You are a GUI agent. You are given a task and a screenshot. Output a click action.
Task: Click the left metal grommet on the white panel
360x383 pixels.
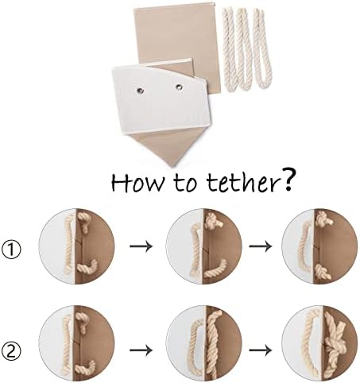tap(140, 91)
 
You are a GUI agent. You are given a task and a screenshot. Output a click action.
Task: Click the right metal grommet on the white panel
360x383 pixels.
tap(179, 87)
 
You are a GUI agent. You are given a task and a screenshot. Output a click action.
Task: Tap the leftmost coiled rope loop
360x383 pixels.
tap(230, 50)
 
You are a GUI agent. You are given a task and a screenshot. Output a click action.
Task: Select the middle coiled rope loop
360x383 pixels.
tap(245, 48)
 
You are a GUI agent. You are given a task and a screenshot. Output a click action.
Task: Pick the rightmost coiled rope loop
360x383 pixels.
tap(262, 48)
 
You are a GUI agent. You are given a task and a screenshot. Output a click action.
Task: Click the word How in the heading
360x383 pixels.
tap(137, 182)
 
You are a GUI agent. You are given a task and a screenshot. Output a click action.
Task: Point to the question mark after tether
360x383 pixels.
tap(285, 179)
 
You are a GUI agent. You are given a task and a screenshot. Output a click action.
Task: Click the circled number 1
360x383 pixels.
tap(11, 250)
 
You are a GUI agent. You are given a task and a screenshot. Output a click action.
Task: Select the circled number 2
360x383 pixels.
tap(11, 350)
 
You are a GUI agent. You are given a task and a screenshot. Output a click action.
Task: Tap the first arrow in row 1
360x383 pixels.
tap(141, 246)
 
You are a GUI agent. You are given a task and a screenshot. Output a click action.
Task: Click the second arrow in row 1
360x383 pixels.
tap(261, 246)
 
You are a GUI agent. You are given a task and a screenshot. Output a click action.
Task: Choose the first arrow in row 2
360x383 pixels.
tap(141, 350)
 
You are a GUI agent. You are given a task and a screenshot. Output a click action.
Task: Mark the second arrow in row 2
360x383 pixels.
tap(261, 350)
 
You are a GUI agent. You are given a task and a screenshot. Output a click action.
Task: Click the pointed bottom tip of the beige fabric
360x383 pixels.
tap(172, 166)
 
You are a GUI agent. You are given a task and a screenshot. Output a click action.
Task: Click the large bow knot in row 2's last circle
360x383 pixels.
tap(335, 344)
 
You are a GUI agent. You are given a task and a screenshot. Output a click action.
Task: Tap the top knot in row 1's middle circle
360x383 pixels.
tap(212, 220)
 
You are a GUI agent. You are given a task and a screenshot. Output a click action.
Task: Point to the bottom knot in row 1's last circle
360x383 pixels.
tap(323, 273)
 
